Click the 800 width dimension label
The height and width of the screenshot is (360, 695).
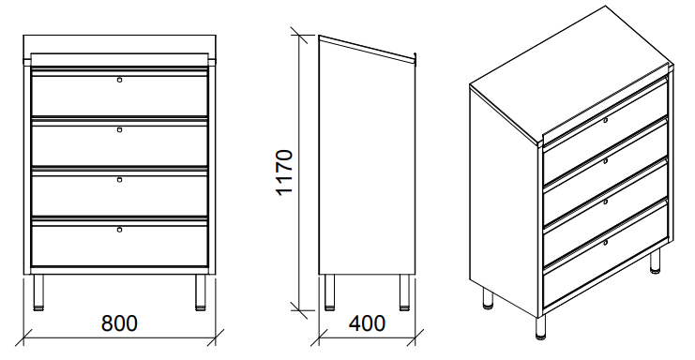pyautogui.click(x=119, y=323)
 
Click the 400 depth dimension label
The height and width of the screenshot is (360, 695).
pyautogui.click(x=367, y=323)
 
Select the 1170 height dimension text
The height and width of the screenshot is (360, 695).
pyautogui.click(x=284, y=172)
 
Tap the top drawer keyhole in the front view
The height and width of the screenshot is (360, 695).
pyautogui.click(x=119, y=80)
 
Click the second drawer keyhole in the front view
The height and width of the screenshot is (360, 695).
pyautogui.click(x=119, y=129)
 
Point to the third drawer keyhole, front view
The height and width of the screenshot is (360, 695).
pyautogui.click(x=119, y=179)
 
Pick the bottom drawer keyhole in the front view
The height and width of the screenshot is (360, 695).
pyautogui.click(x=119, y=230)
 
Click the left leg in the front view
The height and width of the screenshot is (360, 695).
pyautogui.click(x=39, y=292)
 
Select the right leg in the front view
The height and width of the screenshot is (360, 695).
pyautogui.click(x=201, y=292)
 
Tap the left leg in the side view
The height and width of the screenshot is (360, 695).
pyautogui.click(x=329, y=292)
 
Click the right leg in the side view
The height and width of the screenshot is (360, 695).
pyautogui.click(x=404, y=292)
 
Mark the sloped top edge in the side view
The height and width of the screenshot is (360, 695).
pyautogui.click(x=368, y=47)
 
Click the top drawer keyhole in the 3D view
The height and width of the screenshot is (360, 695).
pyautogui.click(x=606, y=120)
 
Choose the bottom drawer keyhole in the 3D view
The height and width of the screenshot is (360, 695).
pyautogui.click(x=606, y=242)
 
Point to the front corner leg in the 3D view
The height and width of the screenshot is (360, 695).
pyautogui.click(x=540, y=328)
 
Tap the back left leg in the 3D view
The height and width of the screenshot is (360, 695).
pyautogui.click(x=488, y=298)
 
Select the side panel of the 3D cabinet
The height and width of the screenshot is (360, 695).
pyautogui.click(x=505, y=200)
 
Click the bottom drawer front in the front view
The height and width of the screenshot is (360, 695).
pyautogui.click(x=119, y=246)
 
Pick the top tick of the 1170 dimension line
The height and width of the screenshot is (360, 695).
pyautogui.click(x=299, y=36)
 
